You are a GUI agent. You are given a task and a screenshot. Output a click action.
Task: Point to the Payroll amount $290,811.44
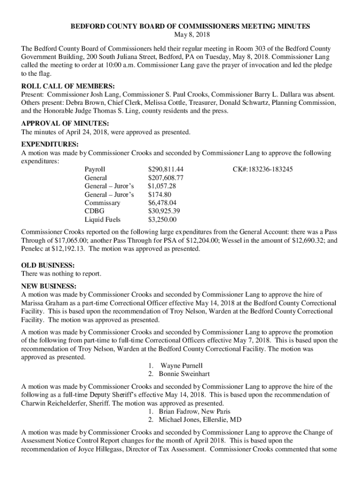pos(166,169)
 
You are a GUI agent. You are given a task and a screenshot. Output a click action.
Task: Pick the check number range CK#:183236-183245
pos(263,169)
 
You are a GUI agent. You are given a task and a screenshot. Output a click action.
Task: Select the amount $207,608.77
pos(166,178)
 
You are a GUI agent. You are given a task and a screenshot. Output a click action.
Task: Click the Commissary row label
pos(102,203)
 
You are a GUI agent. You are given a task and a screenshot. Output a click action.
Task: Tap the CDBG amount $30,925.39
pos(164,211)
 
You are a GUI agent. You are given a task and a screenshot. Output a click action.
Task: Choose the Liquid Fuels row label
pos(102,219)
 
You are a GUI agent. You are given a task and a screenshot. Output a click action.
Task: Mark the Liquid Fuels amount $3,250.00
pos(162,219)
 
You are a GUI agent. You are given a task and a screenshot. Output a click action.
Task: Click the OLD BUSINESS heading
pos(48,265)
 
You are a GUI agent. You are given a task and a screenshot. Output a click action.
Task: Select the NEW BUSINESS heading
pos(49,286)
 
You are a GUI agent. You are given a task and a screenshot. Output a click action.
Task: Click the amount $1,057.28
pos(162,186)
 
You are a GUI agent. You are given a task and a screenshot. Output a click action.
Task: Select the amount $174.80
pos(159,194)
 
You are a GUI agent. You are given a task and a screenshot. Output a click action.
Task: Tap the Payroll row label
pos(95,169)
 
